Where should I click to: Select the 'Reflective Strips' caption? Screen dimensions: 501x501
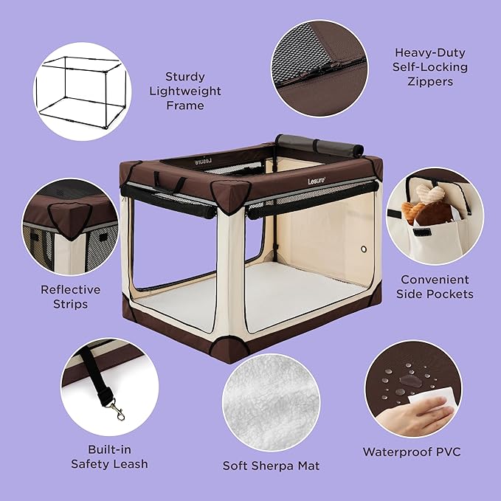tap(70, 297)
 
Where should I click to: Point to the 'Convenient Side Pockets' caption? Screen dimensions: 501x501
tap(435, 286)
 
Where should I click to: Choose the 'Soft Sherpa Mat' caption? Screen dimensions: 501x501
tap(271, 466)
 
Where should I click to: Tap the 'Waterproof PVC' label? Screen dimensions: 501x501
tap(412, 451)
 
